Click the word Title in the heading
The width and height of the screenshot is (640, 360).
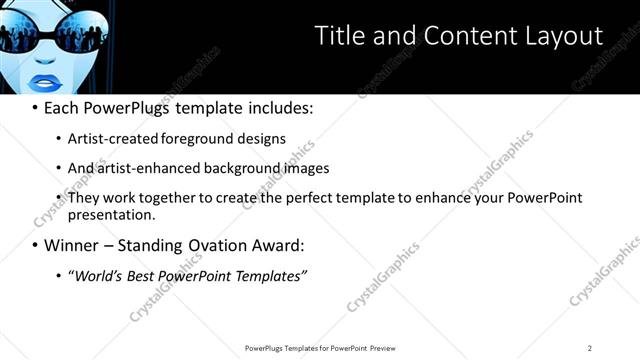pyautogui.click(x=339, y=36)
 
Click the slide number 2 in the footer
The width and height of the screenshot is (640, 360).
pyautogui.click(x=590, y=348)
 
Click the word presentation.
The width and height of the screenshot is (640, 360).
pyautogui.click(x=111, y=215)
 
